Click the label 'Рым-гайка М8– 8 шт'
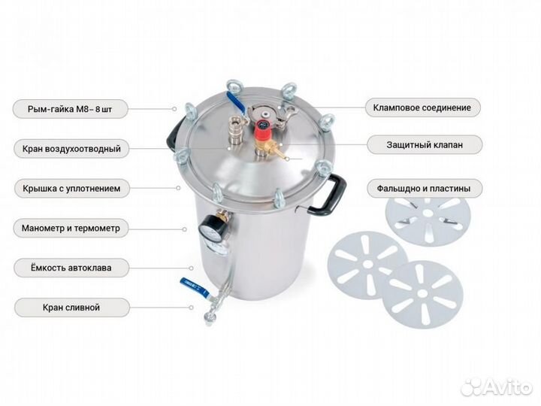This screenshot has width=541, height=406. (70, 109)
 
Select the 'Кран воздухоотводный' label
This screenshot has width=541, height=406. (71, 149)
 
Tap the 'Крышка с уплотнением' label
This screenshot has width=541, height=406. (71, 189)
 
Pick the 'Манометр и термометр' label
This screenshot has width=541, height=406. (71, 229)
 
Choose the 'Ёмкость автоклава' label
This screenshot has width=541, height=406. (71, 268)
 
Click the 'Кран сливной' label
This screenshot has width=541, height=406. (71, 308)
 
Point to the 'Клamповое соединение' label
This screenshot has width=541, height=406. (422, 108)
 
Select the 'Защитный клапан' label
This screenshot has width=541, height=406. (425, 144)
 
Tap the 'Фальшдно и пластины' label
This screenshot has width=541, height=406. (424, 189)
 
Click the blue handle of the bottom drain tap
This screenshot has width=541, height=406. (195, 287)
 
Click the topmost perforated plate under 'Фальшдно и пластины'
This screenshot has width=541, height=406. (428, 219)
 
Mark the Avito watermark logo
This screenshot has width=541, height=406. (497, 386)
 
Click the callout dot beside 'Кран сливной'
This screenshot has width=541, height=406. (191, 308)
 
